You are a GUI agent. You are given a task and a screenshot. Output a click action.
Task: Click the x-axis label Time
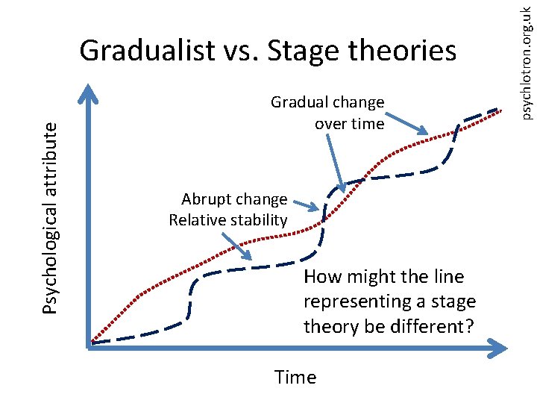click(x=295, y=378)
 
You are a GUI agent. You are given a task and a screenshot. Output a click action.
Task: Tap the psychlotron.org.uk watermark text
click(x=526, y=60)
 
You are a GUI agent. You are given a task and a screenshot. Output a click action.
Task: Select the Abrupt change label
click(x=233, y=199)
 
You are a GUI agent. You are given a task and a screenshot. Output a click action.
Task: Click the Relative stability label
click(x=227, y=220)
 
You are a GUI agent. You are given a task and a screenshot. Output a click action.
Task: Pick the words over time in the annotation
click(x=349, y=123)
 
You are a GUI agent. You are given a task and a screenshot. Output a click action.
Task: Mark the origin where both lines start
click(x=90, y=344)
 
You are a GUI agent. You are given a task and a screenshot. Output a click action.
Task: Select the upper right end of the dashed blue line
click(x=497, y=110)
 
